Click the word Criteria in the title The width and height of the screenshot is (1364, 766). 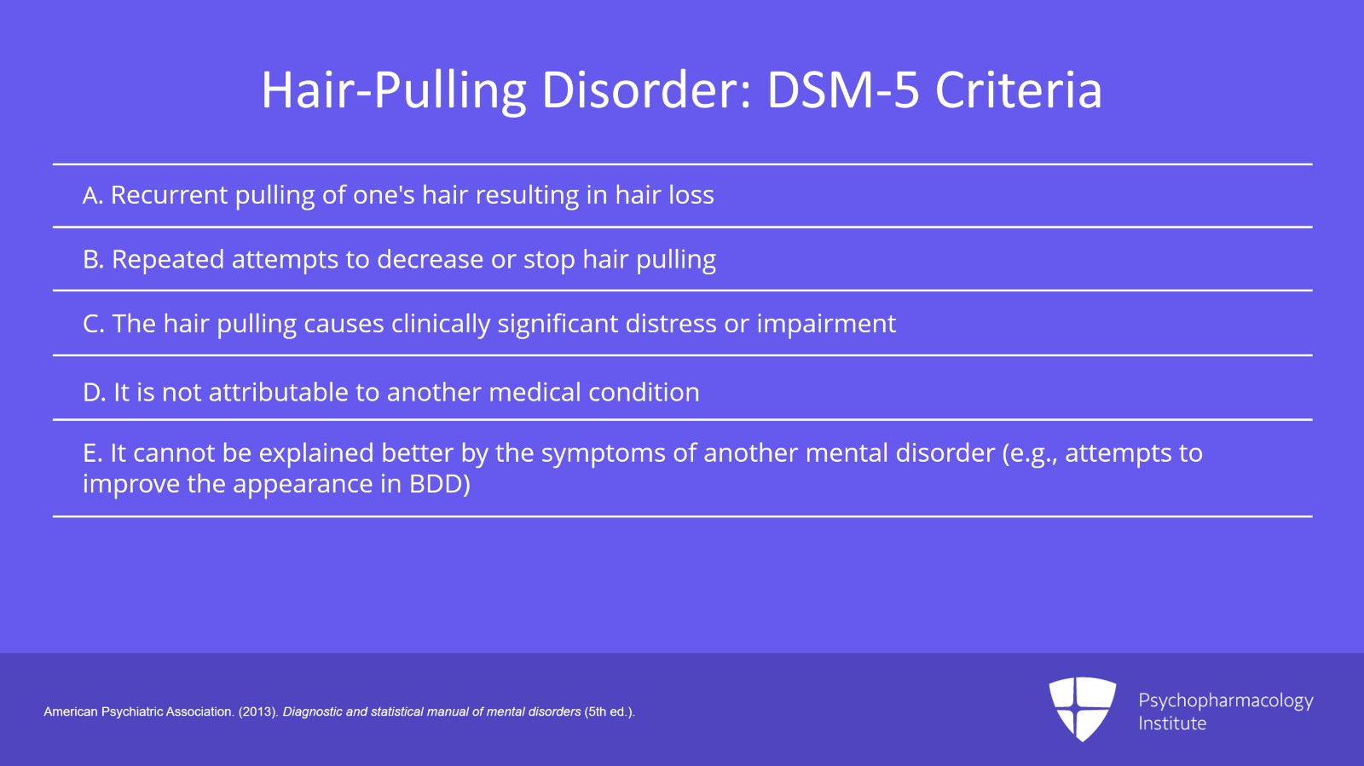pyautogui.click(x=1018, y=90)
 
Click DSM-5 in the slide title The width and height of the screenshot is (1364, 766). pyautogui.click(x=843, y=90)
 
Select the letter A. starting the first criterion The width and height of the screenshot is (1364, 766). pyautogui.click(x=93, y=196)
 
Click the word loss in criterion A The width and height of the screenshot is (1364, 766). pyautogui.click(x=690, y=196)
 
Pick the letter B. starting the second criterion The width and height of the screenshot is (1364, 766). pyautogui.click(x=93, y=260)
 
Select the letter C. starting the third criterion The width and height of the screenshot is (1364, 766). pyautogui.click(x=94, y=325)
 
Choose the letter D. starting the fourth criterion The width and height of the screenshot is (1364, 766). pyautogui.click(x=94, y=393)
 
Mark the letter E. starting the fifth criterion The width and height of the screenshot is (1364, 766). pyautogui.click(x=92, y=453)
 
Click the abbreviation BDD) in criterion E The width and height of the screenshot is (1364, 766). pyautogui.click(x=439, y=485)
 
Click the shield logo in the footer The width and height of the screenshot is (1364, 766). pyautogui.click(x=1083, y=708)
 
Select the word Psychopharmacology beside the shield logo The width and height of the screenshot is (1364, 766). pyautogui.click(x=1225, y=701)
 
